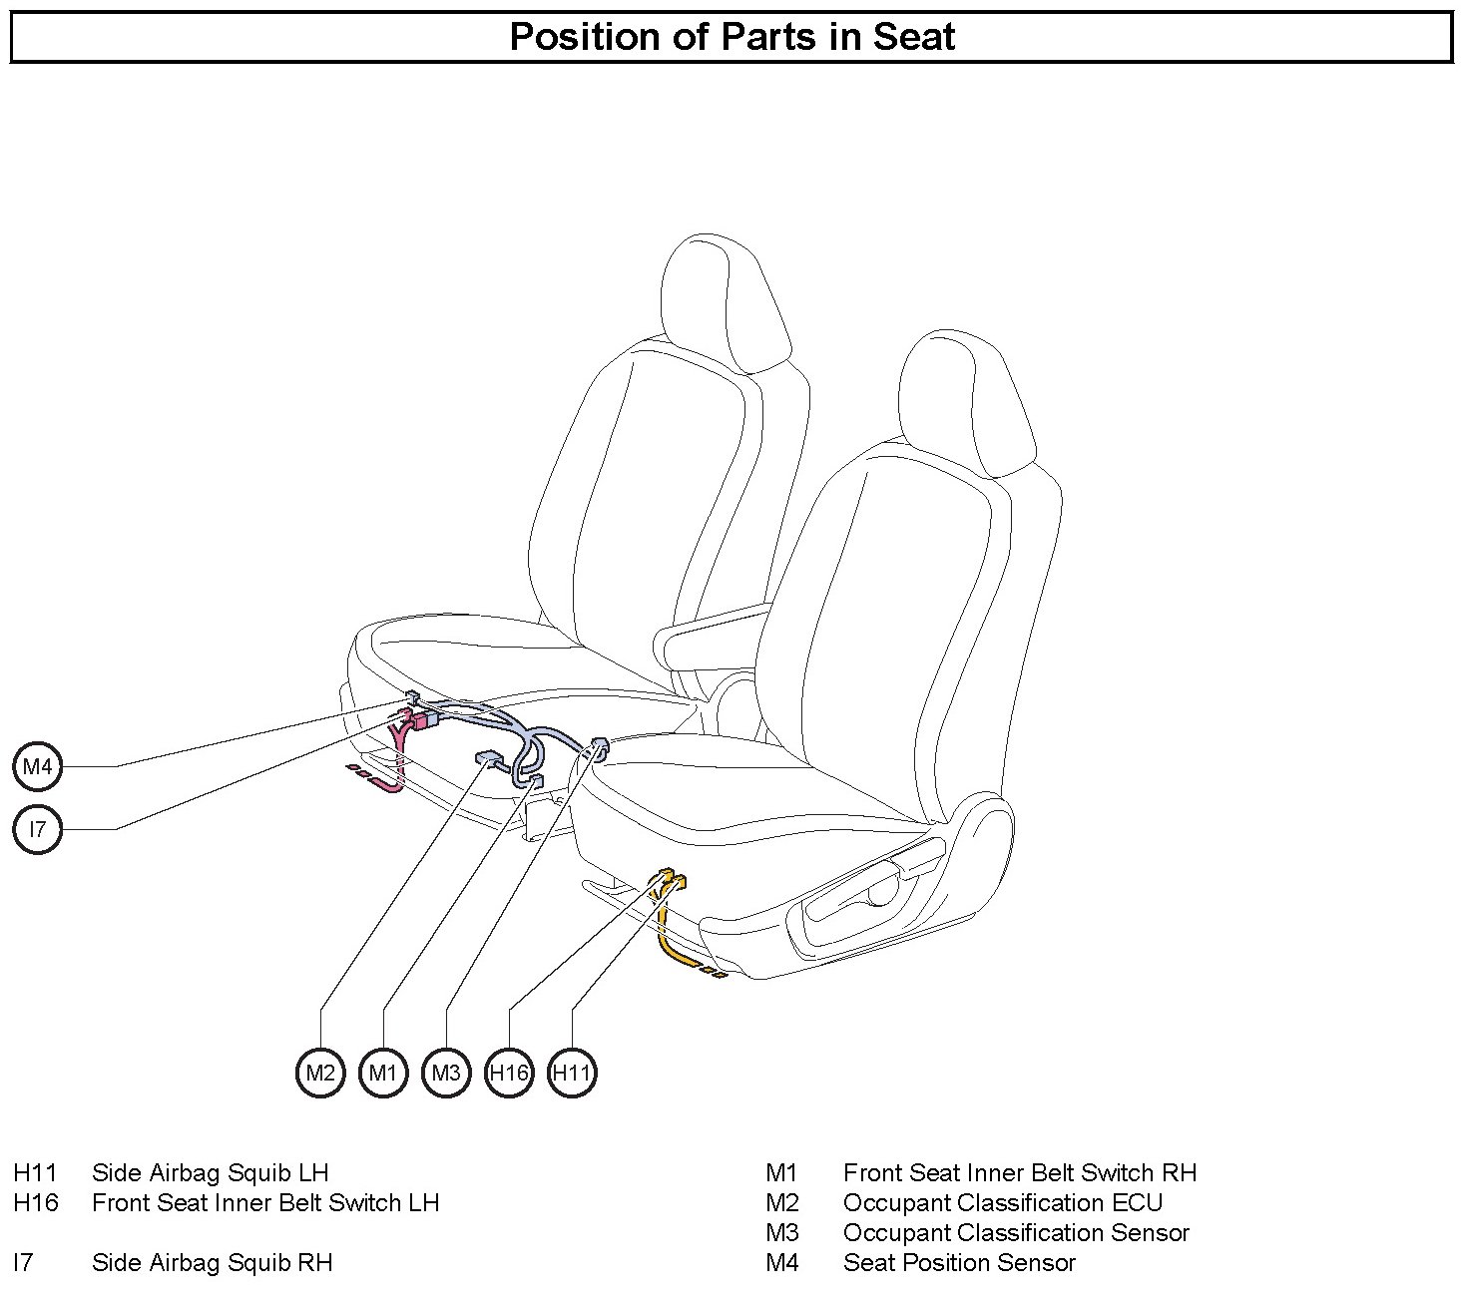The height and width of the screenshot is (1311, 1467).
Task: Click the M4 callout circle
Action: pyautogui.click(x=37, y=767)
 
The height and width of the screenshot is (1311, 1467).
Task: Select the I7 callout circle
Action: pyautogui.click(x=37, y=829)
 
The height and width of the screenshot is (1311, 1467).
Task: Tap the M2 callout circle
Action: pyautogui.click(x=320, y=1073)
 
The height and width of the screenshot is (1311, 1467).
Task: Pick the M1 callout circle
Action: pyautogui.click(x=383, y=1073)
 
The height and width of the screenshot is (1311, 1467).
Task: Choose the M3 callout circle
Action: pyautogui.click(x=446, y=1073)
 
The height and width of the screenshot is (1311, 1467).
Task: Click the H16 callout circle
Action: pyautogui.click(x=509, y=1073)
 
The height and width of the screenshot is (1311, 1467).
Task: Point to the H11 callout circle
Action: pyautogui.click(x=572, y=1073)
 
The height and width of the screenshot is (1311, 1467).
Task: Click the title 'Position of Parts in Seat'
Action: pyautogui.click(x=732, y=37)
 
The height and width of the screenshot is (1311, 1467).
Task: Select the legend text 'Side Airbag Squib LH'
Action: pyautogui.click(x=210, y=1173)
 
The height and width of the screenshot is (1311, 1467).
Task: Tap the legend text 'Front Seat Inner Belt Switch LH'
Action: pyautogui.click(x=265, y=1203)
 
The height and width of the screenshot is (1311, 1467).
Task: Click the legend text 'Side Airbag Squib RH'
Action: pyautogui.click(x=212, y=1263)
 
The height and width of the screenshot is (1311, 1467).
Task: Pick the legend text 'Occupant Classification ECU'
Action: pyautogui.click(x=1003, y=1203)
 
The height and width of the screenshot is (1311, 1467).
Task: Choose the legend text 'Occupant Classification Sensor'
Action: pyautogui.click(x=1016, y=1233)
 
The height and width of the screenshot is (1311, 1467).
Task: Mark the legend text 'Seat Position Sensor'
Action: pyautogui.click(x=959, y=1263)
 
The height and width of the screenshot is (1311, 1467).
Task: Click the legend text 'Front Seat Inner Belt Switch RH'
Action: pyautogui.click(x=1020, y=1173)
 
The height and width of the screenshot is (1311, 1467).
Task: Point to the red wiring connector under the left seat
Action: pyautogui.click(x=424, y=720)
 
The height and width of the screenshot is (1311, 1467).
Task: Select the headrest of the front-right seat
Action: pyautogui.click(x=963, y=404)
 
